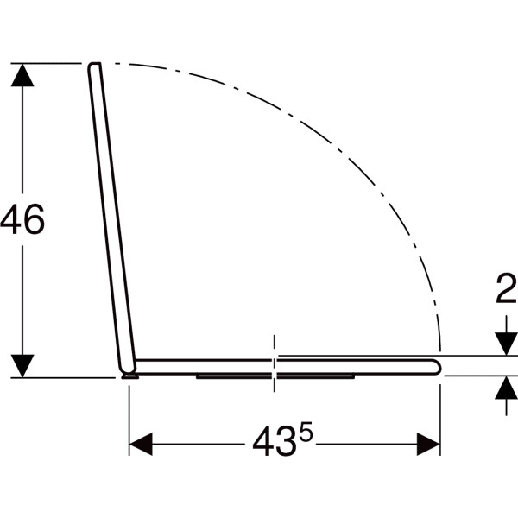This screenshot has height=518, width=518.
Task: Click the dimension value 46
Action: (x=22, y=219)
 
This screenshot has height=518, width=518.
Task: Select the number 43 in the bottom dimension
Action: (x=274, y=441)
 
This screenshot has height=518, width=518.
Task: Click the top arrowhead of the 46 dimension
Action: (x=22, y=75)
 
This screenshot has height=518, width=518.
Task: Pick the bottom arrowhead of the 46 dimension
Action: (x=22, y=366)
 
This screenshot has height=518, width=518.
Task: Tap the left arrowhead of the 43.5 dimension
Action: (x=141, y=444)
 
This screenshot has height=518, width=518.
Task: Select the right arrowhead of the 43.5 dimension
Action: (x=428, y=444)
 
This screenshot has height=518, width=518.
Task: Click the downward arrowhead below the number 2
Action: (x=506, y=344)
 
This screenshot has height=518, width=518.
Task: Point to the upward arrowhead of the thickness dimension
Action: (x=506, y=388)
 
